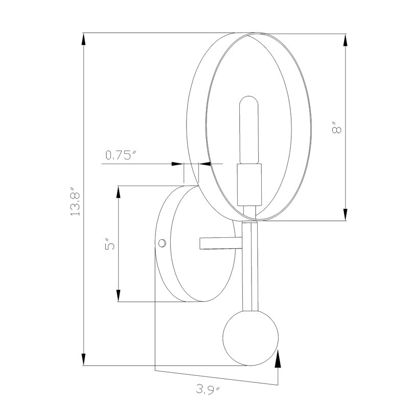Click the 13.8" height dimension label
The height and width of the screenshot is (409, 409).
click(x=75, y=201)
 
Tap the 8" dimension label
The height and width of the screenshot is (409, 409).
click(x=336, y=127)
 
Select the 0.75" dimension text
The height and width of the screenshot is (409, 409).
click(x=121, y=155)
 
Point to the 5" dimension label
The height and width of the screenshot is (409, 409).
click(x=110, y=244)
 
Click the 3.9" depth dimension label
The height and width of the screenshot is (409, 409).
click(x=208, y=390)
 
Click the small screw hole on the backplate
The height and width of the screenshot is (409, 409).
click(x=162, y=243)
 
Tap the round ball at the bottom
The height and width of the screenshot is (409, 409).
click(x=251, y=338)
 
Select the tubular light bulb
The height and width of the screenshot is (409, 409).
click(x=249, y=130)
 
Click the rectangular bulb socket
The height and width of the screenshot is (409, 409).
click(x=249, y=185)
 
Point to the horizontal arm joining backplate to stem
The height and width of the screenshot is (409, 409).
click(x=221, y=243)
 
